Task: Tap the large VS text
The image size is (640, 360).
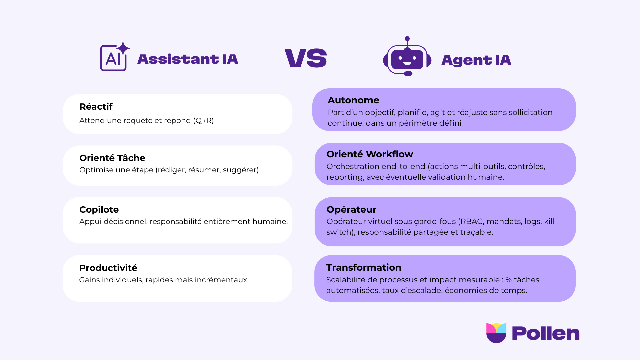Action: pos(306,58)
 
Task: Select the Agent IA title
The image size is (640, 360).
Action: pos(476,60)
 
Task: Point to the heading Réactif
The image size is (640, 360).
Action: pos(96,107)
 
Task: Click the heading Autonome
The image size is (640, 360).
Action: pos(353,100)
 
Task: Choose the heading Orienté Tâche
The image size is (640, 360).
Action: pos(112,158)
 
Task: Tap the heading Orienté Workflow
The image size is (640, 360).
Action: pos(370,154)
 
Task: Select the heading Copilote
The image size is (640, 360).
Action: pos(99,210)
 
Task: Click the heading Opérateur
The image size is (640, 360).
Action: pos(351,209)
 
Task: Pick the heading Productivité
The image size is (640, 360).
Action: pos(108,268)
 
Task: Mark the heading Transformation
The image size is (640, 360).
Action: pos(364,267)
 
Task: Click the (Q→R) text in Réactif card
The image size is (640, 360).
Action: pos(203,121)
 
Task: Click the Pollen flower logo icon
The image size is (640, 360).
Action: pos(496,333)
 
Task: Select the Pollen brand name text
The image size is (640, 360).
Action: pos(546,333)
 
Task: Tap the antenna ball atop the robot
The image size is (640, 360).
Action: pos(407,39)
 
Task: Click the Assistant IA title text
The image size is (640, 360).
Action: pos(188,59)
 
